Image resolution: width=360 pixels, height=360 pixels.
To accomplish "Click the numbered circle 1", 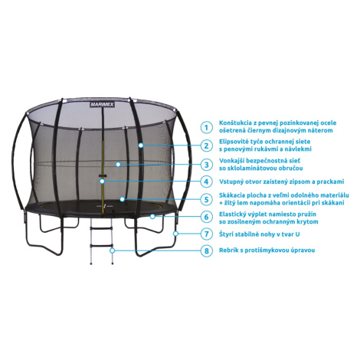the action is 206,127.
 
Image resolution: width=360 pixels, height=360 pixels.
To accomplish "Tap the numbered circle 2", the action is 206,146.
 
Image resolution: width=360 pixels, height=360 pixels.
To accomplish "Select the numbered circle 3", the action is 206,165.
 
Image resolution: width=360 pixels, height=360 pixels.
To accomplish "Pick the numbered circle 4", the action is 206,182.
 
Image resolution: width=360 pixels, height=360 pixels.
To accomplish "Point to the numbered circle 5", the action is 206,199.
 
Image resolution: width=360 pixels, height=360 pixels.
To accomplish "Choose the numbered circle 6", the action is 206,217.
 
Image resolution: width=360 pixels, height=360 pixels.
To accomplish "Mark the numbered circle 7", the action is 206,234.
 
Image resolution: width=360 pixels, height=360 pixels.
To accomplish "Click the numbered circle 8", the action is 206,250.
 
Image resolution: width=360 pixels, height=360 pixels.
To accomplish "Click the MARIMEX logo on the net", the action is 102,104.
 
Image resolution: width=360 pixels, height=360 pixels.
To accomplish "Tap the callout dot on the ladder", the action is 112,250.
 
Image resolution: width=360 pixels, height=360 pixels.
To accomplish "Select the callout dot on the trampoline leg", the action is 175,234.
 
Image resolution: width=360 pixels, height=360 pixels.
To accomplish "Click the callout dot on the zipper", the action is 102,182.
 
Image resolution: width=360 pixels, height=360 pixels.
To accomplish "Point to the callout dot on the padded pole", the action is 141,146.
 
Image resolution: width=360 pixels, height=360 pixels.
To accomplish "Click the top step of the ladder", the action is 101,228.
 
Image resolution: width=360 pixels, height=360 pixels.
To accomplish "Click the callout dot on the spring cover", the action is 152,217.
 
